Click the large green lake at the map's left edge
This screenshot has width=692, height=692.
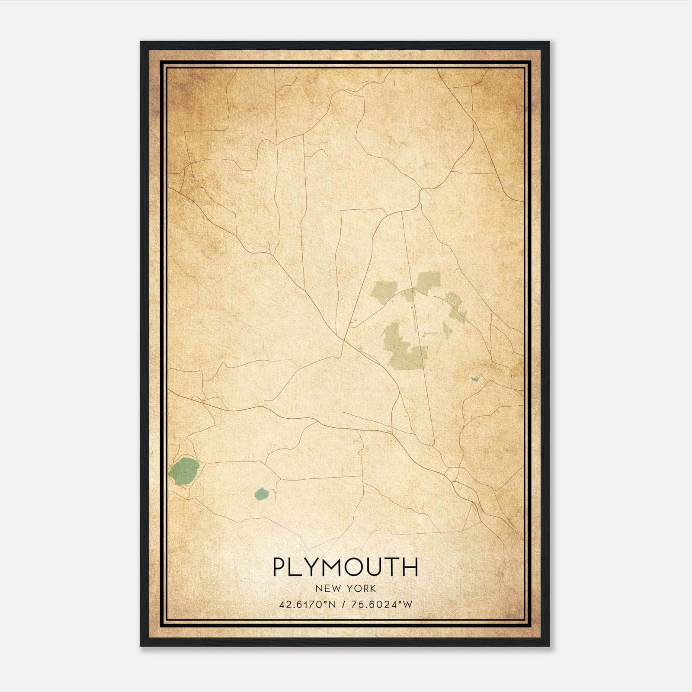[x=184, y=471]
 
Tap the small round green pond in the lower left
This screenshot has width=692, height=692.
[x=261, y=494]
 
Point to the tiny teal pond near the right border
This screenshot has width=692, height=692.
[x=476, y=379]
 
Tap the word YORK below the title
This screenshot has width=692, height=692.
[x=360, y=589]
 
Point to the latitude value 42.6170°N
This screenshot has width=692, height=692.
[x=308, y=604]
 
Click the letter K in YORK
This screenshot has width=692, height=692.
[x=372, y=589]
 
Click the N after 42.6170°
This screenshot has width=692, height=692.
[x=332, y=604]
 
